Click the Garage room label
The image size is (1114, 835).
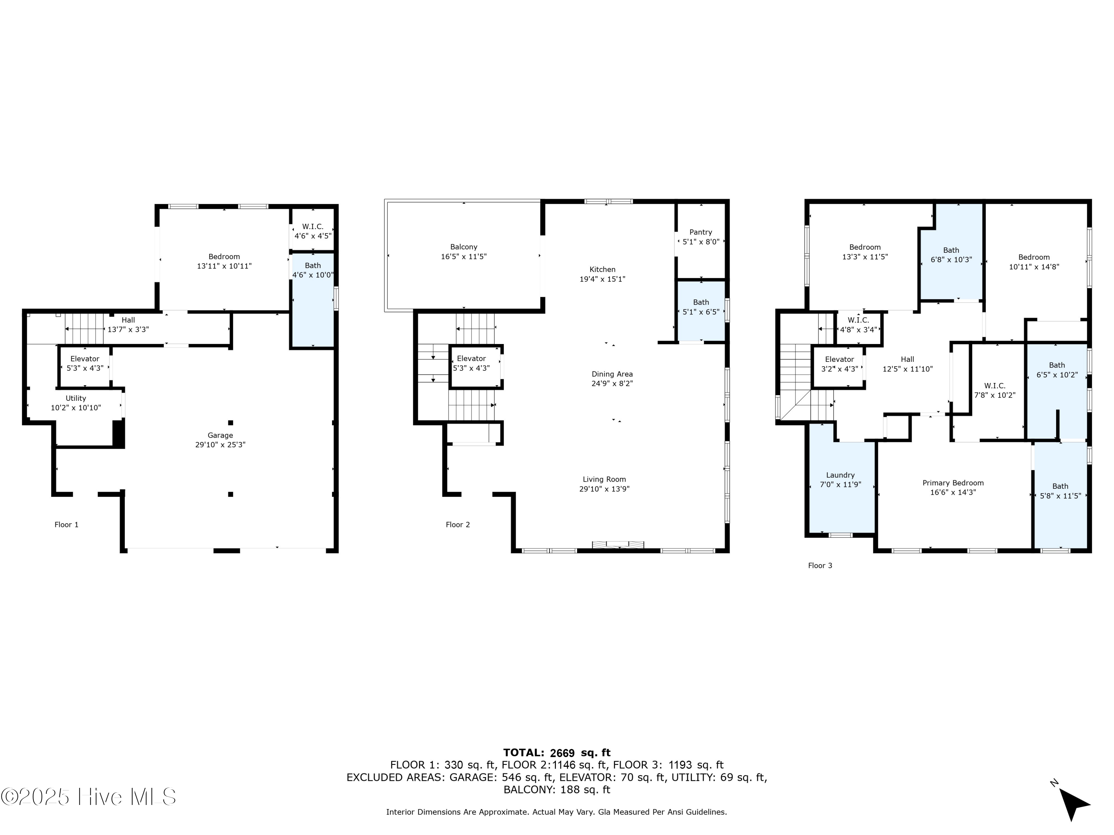tap(220, 435)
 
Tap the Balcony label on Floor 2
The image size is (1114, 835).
tap(463, 247)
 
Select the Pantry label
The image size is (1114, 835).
tap(701, 232)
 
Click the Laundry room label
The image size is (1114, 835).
tap(840, 475)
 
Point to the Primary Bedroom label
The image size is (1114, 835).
tap(953, 483)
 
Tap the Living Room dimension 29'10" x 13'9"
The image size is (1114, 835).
tap(604, 489)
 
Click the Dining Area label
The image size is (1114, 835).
tap(612, 374)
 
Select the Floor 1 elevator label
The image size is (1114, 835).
tap(85, 359)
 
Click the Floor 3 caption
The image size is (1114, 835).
tap(820, 566)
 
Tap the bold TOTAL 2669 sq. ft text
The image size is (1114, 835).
tap(557, 753)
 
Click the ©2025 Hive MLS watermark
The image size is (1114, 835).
tap(89, 797)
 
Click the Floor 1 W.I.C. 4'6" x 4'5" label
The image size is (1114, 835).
tap(313, 231)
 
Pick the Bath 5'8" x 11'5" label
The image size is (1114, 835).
tap(1060, 491)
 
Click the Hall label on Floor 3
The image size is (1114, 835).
tap(907, 359)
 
